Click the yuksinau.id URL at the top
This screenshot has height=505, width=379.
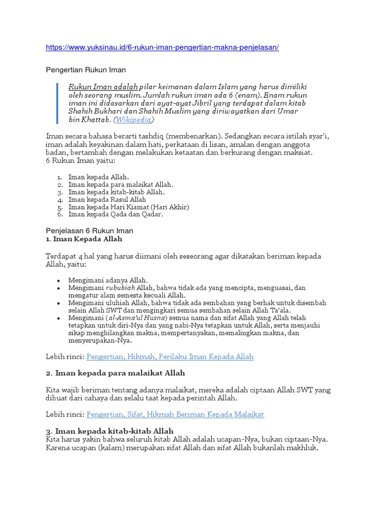162,47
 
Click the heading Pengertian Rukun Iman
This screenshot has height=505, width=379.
86,70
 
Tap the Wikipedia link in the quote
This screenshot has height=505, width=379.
134,120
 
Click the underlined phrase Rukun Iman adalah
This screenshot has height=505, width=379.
103,87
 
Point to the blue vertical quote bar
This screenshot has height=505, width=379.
58,103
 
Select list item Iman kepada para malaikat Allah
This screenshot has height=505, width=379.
121,184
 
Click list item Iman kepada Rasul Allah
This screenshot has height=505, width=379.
107,200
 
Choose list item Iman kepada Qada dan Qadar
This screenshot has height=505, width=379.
115,215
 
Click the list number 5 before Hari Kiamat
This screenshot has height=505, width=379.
60,207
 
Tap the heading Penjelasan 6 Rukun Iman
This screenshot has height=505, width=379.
89,231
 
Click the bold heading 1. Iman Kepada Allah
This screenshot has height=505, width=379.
84,239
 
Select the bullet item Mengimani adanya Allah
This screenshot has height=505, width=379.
108,280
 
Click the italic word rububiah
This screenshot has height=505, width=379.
120,288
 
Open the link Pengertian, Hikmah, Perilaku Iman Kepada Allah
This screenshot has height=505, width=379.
170,357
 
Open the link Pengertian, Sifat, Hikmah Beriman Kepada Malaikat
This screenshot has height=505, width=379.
175,415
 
